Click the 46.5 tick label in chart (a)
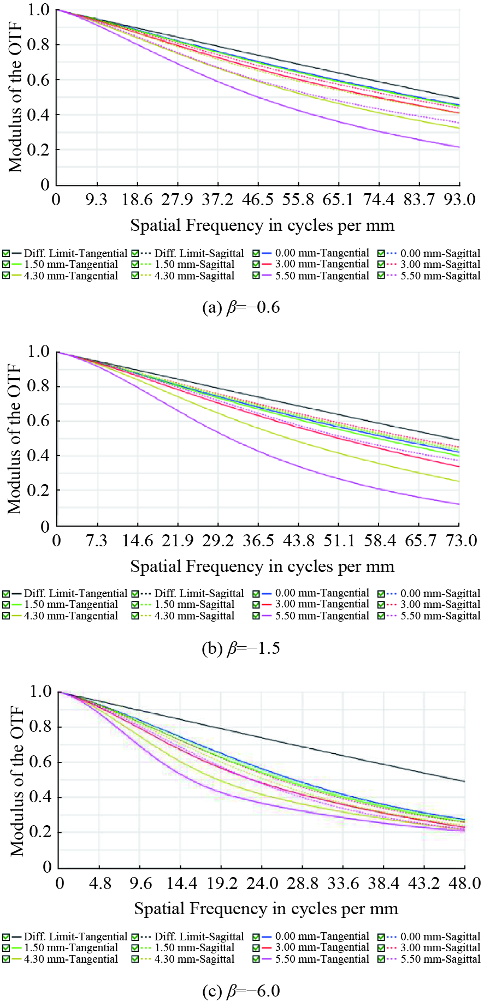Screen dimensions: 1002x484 pyautogui.click(x=258, y=200)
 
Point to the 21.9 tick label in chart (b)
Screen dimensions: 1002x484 pyautogui.click(x=178, y=541)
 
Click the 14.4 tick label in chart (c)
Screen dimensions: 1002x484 pyautogui.click(x=181, y=883)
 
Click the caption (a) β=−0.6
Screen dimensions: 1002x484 pyautogui.click(x=241, y=308)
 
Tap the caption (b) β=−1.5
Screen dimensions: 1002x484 pyautogui.click(x=241, y=648)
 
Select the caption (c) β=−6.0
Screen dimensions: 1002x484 pyautogui.click(x=241, y=991)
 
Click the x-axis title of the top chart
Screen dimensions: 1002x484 pyautogui.click(x=262, y=225)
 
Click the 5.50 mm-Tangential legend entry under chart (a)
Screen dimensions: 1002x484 pyautogui.click(x=322, y=276)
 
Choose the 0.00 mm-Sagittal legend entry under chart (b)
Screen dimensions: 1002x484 pyautogui.click(x=440, y=593)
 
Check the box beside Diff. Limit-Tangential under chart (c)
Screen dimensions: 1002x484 pyautogui.click(x=6, y=937)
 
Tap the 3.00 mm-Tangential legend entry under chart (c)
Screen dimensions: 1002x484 pyautogui.click(x=322, y=947)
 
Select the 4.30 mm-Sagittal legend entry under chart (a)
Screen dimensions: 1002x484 pyautogui.click(x=194, y=276)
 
